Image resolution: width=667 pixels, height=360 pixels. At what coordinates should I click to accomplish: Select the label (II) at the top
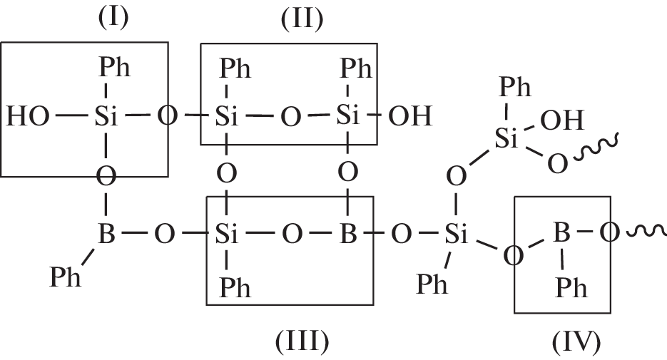300,19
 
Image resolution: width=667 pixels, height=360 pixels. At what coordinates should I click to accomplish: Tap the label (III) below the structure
302,342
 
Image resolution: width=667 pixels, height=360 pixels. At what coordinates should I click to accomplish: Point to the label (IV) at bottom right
576,342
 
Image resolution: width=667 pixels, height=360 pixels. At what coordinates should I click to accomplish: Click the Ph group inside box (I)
114,69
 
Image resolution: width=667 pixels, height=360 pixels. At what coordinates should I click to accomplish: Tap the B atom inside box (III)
347,234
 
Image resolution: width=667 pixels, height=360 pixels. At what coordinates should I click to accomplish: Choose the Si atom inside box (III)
226,234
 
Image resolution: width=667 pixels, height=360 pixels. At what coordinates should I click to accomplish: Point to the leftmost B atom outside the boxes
106,234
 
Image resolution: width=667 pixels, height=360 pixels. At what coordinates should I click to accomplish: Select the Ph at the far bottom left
66,277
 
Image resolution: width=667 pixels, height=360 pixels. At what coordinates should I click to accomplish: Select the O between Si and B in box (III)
291,234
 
